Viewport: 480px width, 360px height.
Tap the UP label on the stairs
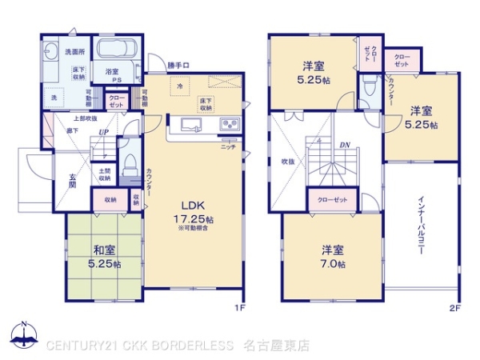pos(104,133)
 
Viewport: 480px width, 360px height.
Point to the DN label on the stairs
pos(345,146)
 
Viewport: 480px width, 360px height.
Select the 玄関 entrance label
pos(72,179)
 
